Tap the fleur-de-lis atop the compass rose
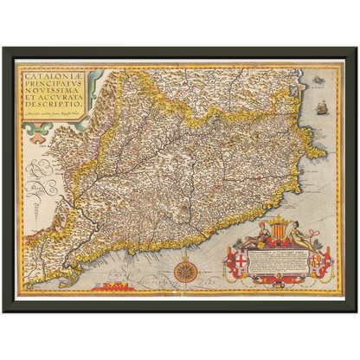(186, 254)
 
